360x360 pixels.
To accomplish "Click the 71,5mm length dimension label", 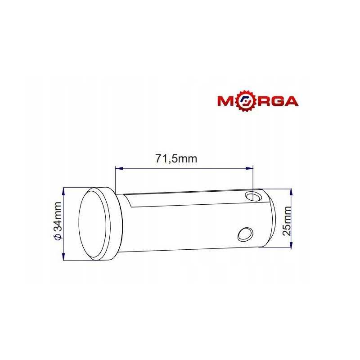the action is [176, 159].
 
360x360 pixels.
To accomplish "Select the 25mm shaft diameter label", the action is [287, 220].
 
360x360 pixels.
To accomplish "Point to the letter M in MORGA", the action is [226, 101].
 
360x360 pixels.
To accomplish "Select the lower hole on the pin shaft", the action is [245, 234].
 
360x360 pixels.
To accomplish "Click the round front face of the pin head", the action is [93, 224].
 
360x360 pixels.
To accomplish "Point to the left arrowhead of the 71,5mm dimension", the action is [119, 168].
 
